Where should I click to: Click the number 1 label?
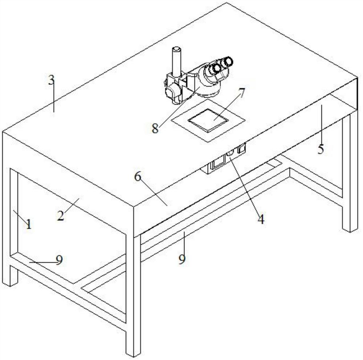click(28, 224)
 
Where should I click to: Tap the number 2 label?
click(61, 216)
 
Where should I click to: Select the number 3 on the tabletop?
click(51, 80)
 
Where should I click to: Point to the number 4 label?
click(261, 219)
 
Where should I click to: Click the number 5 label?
click(321, 149)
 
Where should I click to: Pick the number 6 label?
click(138, 177)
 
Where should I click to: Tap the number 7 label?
click(241, 93)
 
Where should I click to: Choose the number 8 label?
click(155, 128)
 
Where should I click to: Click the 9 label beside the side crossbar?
click(60, 260)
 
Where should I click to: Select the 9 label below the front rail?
click(182, 259)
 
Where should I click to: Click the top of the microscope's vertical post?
click(176, 49)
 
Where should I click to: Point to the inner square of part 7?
click(208, 120)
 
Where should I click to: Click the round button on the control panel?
click(230, 152)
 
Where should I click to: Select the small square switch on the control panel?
click(241, 148)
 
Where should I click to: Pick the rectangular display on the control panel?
click(218, 162)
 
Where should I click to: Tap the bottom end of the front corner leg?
click(133, 354)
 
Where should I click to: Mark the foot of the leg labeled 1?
click(10, 283)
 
